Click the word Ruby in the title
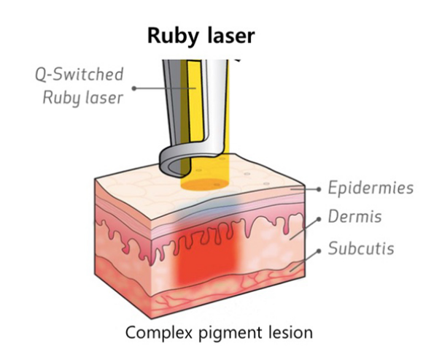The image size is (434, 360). [173, 37]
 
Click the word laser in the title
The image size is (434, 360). [230, 35]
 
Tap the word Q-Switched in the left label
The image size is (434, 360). [80, 74]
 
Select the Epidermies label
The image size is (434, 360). [371, 188]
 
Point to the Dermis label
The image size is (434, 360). [354, 216]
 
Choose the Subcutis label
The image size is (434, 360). [361, 248]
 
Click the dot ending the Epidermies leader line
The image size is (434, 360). [319, 189]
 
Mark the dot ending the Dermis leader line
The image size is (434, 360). [319, 219]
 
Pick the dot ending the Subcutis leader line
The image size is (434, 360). [319, 250]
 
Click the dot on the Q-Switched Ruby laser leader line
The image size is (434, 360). [134, 88]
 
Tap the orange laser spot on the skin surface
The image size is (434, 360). [205, 185]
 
